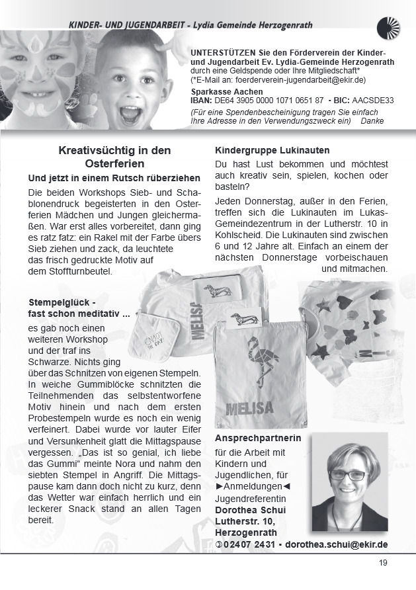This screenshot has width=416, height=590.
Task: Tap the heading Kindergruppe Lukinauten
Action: pyautogui.click(x=272, y=151)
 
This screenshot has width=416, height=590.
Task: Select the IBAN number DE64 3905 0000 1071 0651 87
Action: pyautogui.click(x=269, y=101)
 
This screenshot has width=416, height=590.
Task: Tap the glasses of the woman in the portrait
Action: pyautogui.click(x=349, y=474)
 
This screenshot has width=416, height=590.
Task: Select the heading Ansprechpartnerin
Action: pyautogui.click(x=258, y=438)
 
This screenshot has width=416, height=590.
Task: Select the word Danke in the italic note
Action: pyautogui.click(x=375, y=120)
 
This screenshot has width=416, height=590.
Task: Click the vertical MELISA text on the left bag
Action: pyautogui.click(x=198, y=321)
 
